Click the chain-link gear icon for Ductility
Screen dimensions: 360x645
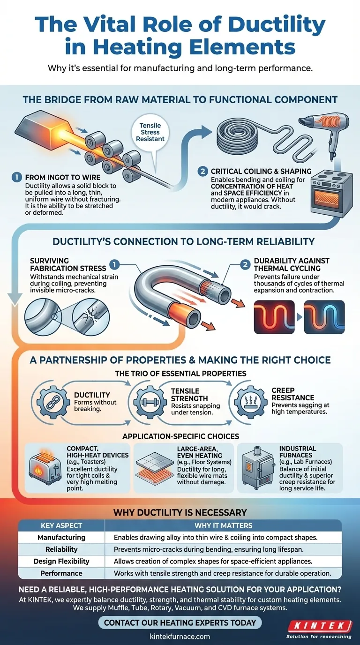pyautogui.click(x=53, y=402)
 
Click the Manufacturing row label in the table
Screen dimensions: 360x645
pyautogui.click(x=61, y=537)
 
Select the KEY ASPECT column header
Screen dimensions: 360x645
pyautogui.click(x=61, y=525)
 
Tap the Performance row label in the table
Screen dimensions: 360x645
pyautogui.click(x=61, y=573)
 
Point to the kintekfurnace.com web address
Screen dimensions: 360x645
pyautogui.click(x=180, y=637)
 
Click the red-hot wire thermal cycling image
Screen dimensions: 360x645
pyautogui.click(x=274, y=317)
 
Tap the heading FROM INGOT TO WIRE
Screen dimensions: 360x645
pyautogui.click(x=63, y=177)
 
